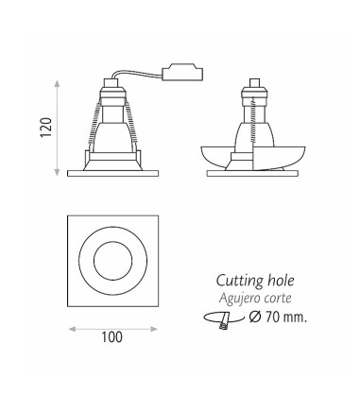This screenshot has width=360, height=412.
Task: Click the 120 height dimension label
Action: click(46, 128)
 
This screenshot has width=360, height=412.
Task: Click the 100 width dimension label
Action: click(111, 337)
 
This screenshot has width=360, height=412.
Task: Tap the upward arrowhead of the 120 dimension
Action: click(57, 83)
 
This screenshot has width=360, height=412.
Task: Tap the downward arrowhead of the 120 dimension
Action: click(57, 172)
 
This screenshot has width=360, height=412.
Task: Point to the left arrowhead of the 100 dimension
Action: click(73, 329)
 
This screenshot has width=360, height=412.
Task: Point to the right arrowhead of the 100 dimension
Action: click(154, 329)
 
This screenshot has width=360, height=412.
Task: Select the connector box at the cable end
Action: click(182, 73)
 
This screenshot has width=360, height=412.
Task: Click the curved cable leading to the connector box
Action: click(136, 74)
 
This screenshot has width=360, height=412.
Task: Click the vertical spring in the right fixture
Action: click(252, 121)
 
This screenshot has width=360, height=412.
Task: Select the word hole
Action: click(281, 281)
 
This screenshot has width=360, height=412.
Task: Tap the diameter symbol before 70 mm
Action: click(254, 317)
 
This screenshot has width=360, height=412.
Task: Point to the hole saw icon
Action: click(224, 319)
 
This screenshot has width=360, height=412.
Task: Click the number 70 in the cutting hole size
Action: click(272, 318)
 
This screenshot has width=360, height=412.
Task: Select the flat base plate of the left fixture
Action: click(112, 173)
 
